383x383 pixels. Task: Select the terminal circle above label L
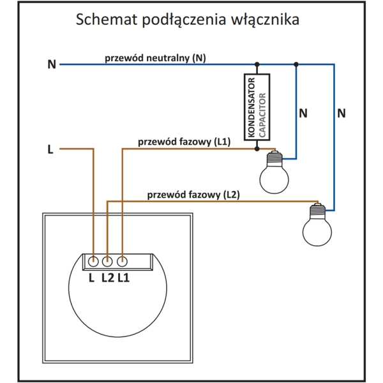pos(93,261)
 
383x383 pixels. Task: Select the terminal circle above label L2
pos(107,261)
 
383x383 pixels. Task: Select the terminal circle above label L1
pos(122,261)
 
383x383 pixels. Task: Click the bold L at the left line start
pos(50,150)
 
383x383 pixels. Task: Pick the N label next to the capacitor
pos(303,114)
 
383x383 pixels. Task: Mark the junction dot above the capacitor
pos(257,64)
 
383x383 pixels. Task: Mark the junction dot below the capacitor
pos(257,148)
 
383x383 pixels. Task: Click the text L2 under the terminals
pos(107,278)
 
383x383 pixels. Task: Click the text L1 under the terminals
pos(123,278)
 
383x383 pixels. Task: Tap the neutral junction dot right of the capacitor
pos(296,64)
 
